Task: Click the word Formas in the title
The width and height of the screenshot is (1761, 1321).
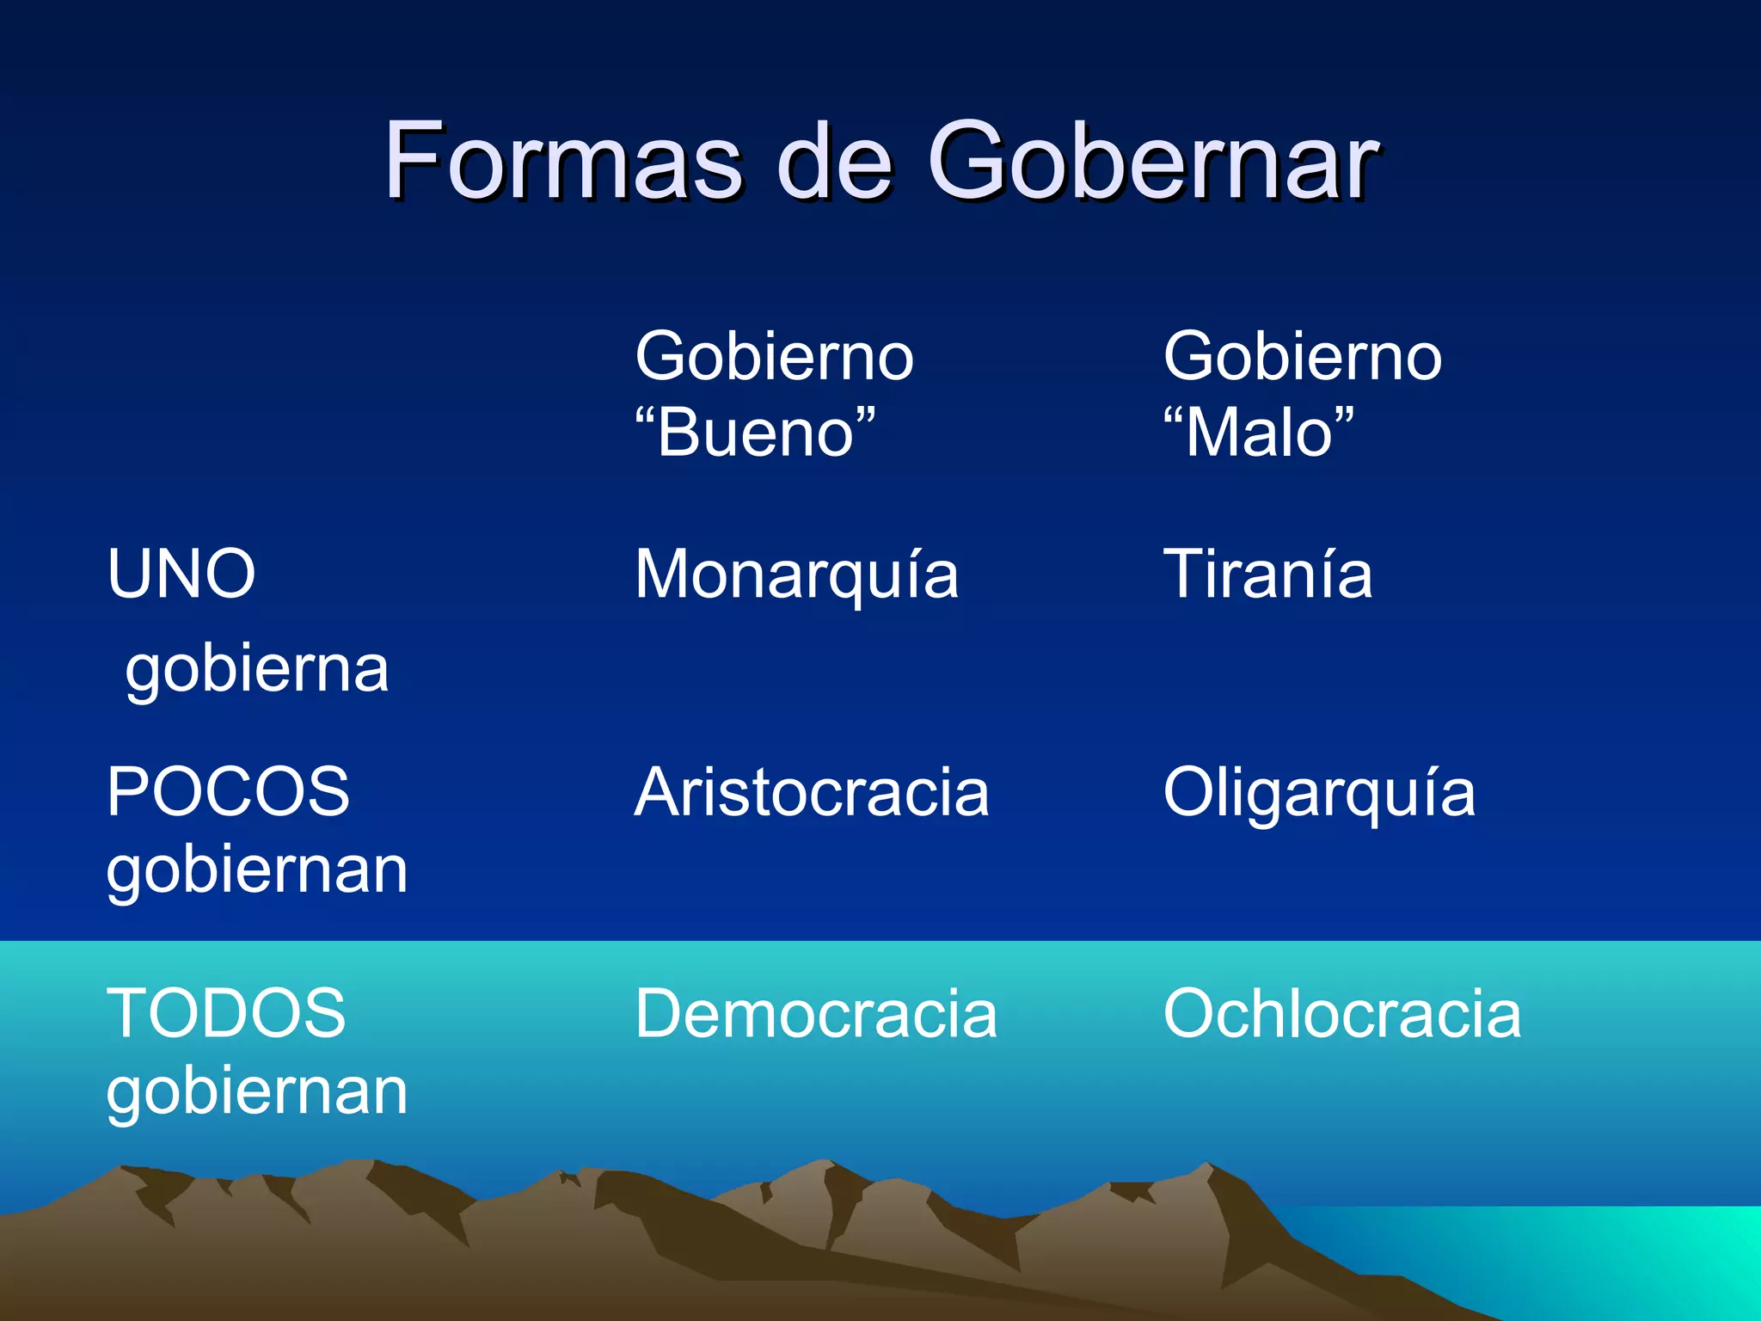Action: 563,161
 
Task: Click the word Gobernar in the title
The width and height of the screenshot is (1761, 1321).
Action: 1152,161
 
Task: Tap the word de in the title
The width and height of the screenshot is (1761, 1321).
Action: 833,161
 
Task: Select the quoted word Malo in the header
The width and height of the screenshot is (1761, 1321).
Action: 1259,433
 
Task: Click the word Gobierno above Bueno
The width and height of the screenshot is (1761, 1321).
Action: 774,357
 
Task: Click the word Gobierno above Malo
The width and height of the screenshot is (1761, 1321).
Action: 1302,357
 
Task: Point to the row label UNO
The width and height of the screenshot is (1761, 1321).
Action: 181,574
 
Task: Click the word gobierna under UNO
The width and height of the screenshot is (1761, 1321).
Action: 257,670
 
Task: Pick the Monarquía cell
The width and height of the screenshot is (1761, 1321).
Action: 796,575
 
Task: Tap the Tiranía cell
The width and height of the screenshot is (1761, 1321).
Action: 1267,574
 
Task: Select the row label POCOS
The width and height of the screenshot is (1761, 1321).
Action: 228,792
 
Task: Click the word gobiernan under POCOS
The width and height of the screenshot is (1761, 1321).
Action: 257,871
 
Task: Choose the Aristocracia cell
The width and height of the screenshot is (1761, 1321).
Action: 812,792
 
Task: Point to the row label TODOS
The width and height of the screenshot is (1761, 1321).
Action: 226,1013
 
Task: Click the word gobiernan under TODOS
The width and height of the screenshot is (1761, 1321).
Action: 257,1092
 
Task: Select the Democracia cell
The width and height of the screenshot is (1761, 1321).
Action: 815,1014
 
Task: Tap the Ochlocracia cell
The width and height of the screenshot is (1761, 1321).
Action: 1341,1014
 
